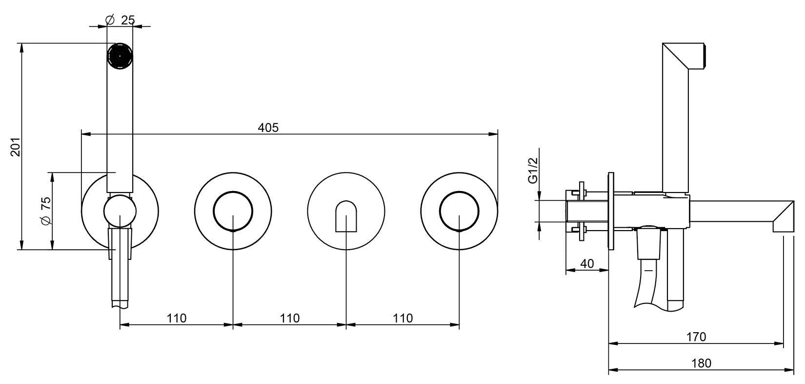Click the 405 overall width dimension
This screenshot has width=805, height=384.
[268, 128]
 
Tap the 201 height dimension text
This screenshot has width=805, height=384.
[16, 147]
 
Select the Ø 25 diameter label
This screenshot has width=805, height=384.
[121, 20]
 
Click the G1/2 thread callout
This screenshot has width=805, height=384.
[533, 170]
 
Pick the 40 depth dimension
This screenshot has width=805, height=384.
[587, 263]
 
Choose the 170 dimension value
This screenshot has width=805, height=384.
[696, 337]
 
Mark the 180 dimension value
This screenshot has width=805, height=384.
[701, 363]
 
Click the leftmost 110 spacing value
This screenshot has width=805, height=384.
[177, 318]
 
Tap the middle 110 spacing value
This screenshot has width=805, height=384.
[290, 318]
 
